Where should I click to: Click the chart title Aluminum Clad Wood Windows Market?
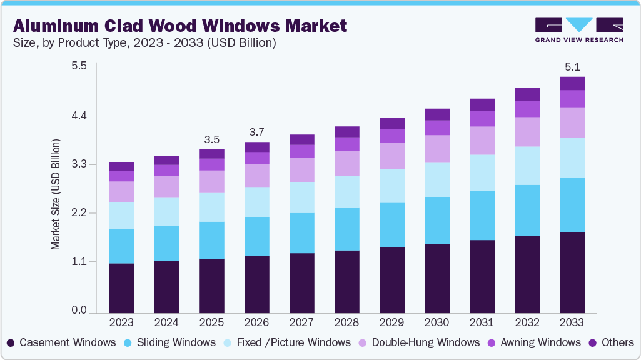(180, 26)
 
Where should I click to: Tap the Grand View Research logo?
(579, 30)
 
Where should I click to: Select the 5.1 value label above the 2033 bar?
(572, 66)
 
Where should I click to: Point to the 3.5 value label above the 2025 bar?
(211, 139)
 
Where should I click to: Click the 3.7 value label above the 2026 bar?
(256, 132)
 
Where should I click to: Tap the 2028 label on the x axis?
(346, 322)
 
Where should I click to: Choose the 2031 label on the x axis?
(482, 322)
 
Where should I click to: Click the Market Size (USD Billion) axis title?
(56, 195)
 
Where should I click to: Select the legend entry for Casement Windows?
(62, 342)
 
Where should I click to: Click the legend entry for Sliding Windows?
(171, 342)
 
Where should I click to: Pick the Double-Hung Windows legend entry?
(418, 342)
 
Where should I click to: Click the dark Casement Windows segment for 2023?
(121, 288)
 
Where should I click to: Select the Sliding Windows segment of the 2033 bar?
(572, 205)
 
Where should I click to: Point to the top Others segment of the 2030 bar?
(437, 114)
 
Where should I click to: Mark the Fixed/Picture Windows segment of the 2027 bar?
(301, 197)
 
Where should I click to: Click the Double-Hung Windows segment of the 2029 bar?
(391, 156)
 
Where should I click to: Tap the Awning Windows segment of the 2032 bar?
(527, 109)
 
